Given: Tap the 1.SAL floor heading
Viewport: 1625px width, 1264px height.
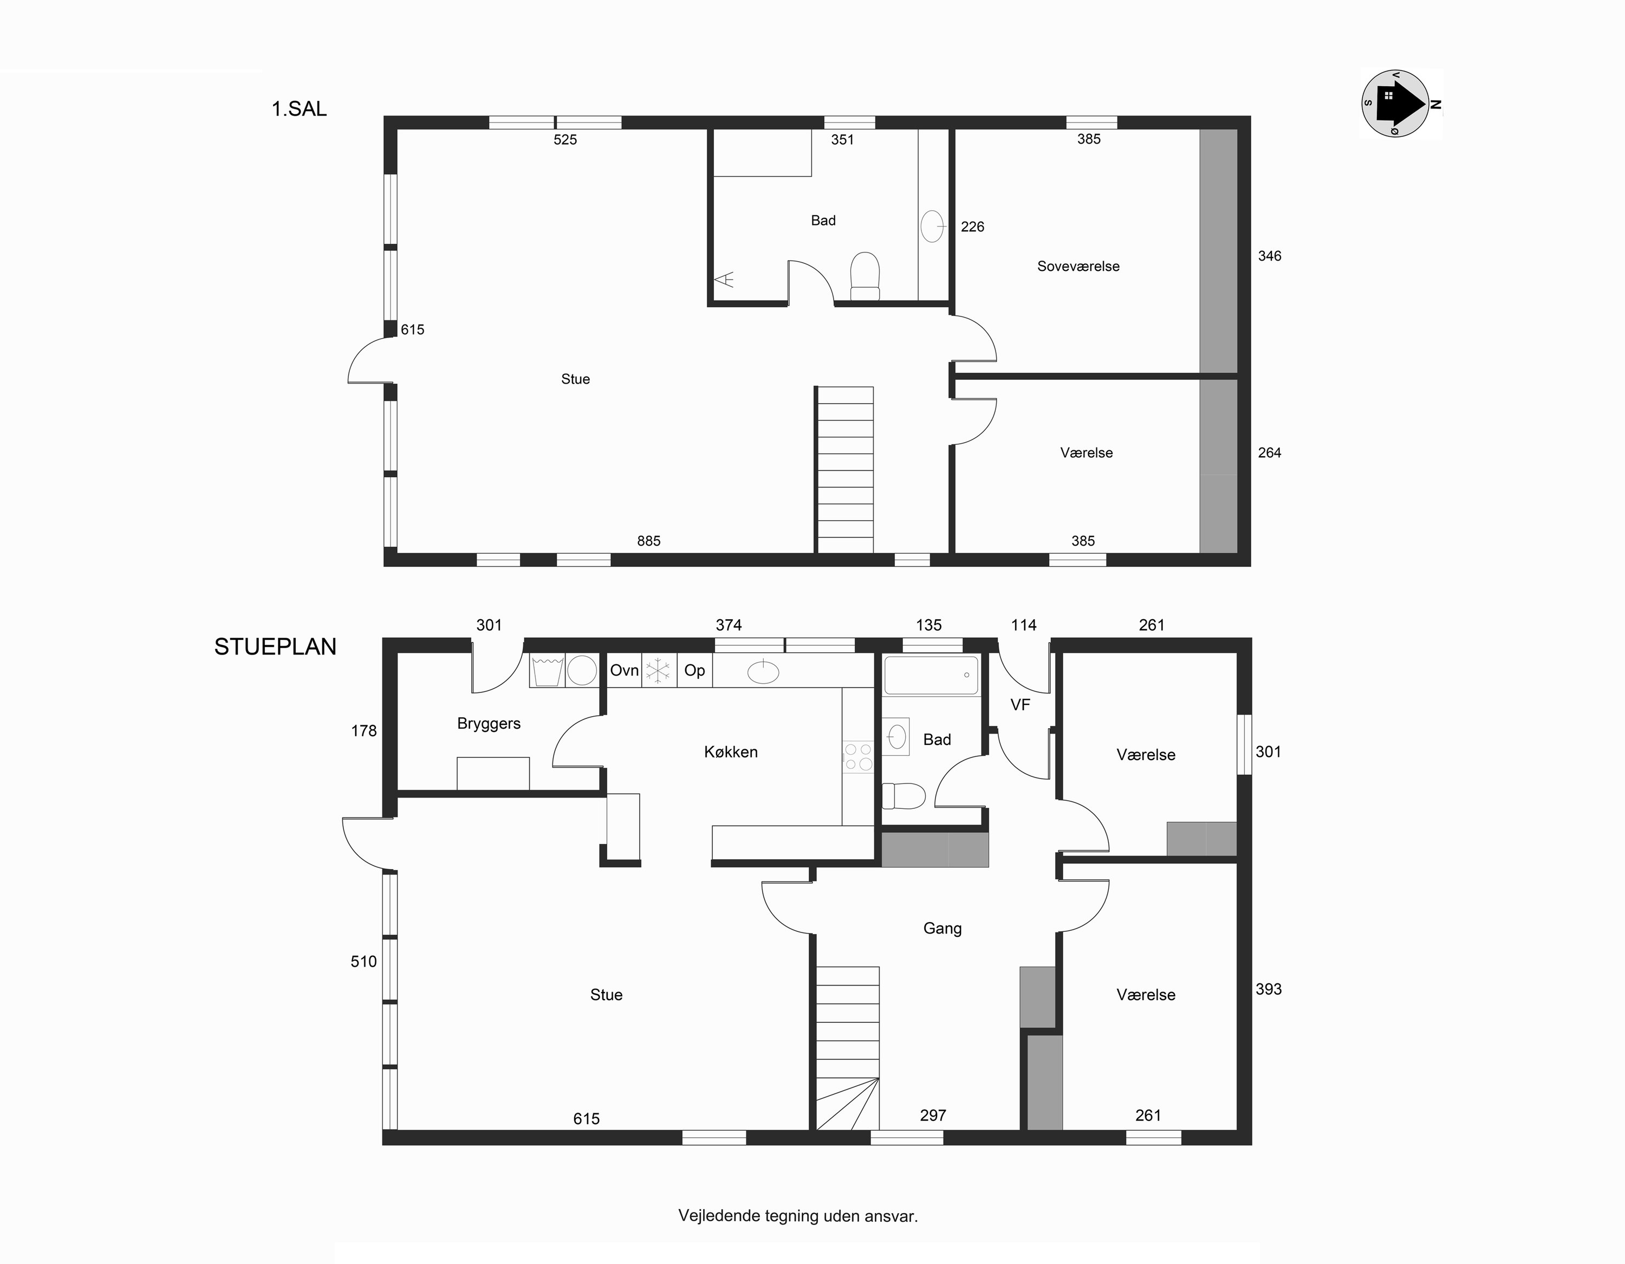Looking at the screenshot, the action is (x=299, y=109).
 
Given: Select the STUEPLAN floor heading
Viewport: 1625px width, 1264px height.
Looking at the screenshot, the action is (x=275, y=647).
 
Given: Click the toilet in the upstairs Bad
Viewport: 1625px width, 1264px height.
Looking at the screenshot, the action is (x=864, y=276).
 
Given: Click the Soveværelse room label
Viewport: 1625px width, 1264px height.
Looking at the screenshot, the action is (x=1078, y=267).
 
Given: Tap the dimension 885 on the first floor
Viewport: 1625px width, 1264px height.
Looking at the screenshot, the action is (x=649, y=541).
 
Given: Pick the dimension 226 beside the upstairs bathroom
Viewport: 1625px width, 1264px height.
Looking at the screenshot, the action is (x=972, y=227).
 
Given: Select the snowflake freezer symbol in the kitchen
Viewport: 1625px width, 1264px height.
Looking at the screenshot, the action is (x=658, y=671).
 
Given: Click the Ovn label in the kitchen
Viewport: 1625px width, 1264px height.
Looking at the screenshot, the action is (x=624, y=671).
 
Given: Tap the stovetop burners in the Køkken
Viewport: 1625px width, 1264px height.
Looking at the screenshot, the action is (x=858, y=756).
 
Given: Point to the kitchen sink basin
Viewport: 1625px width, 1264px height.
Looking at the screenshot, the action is (x=763, y=672).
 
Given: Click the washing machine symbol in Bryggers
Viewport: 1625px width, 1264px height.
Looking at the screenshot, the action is (x=548, y=671).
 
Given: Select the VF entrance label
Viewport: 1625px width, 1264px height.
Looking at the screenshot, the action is (x=1020, y=705).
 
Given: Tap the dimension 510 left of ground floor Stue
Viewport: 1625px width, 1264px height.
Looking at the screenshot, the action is (x=364, y=962).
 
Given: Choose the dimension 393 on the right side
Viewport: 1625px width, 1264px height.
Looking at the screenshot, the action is (x=1269, y=989).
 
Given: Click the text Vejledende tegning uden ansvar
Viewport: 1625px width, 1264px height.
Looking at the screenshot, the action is (x=798, y=1216).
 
